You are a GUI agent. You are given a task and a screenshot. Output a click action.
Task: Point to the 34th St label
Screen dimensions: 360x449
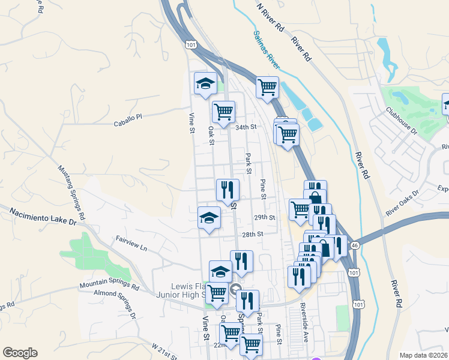pyautogui.click(x=246, y=127)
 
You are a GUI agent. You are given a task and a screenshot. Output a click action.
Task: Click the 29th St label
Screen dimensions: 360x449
pyautogui.click(x=264, y=217)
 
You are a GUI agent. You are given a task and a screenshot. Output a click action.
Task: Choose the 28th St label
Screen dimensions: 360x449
pyautogui.click(x=253, y=234)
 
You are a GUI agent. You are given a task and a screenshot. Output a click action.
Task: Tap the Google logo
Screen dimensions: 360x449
pyautogui.click(x=20, y=353)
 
